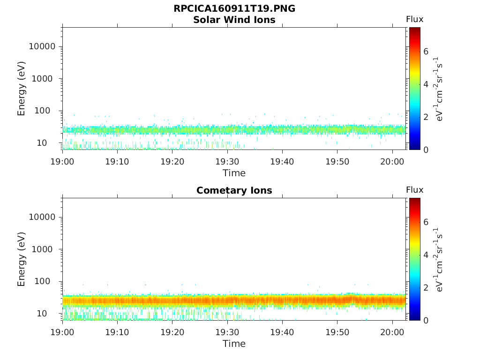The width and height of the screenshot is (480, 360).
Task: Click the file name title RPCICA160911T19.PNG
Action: tap(234, 9)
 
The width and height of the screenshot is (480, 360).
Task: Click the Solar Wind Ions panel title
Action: tap(234, 20)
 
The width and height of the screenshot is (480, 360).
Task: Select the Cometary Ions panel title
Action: tap(234, 190)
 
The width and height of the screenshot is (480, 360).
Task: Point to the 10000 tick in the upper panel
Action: tap(42, 46)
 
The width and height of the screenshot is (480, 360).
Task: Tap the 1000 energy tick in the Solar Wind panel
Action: tap(45, 79)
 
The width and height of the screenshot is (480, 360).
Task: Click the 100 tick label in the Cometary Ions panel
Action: tap(47, 281)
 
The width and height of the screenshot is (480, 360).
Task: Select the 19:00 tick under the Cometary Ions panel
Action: tap(62, 332)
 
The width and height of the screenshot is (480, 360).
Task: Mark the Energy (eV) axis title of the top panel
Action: tap(22, 89)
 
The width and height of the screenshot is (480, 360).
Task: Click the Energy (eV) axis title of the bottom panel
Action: tap(22, 259)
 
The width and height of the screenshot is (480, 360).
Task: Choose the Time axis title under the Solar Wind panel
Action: tap(234, 173)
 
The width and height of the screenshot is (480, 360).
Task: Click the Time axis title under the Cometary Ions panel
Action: tap(234, 344)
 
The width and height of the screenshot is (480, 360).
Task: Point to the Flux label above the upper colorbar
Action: tap(414, 19)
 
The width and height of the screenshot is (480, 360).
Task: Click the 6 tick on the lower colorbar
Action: tap(426, 222)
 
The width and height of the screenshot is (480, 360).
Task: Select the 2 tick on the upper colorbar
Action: tap(426, 117)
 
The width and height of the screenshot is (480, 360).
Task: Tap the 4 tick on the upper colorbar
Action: tap(426, 84)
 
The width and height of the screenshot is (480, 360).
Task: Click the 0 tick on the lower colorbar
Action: tap(426, 320)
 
